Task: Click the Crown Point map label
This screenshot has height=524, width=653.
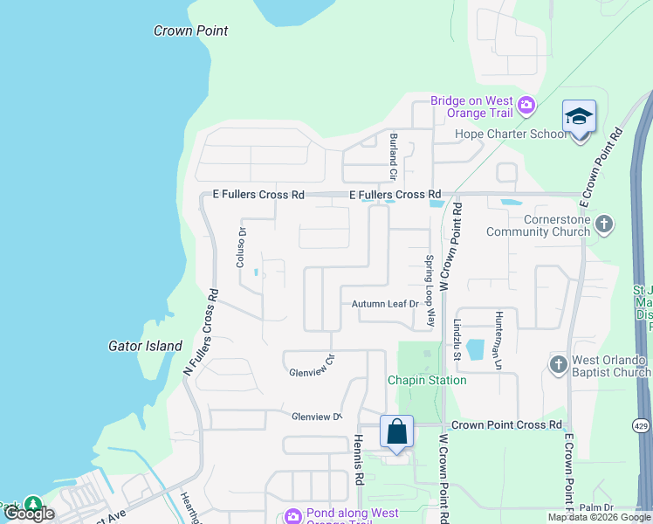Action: pos(190,31)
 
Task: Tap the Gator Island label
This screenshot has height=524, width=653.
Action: pos(145,346)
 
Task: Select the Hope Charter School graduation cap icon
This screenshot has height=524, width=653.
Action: pos(579,116)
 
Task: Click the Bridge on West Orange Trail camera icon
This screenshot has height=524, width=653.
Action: pos(526,107)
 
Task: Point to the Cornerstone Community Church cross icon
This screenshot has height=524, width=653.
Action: pos(603,225)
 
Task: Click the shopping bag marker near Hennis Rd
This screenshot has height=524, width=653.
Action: pos(396,431)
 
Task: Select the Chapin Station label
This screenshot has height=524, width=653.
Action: pos(427,380)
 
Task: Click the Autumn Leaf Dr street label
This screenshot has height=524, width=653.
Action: pos(386,304)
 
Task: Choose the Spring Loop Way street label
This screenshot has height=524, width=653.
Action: pos(430,291)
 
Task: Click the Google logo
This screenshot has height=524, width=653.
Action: pos(28,514)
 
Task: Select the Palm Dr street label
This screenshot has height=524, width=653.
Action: pos(596,507)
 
